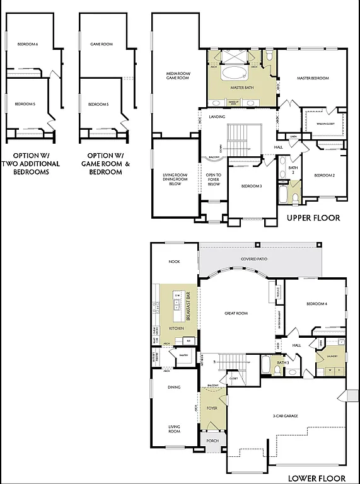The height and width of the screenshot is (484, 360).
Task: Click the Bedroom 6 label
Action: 28,44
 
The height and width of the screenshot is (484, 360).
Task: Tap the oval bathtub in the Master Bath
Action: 237,72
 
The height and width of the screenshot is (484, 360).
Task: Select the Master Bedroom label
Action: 313,78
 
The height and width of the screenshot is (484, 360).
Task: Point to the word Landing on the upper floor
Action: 217,116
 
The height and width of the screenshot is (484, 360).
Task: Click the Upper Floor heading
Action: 313,218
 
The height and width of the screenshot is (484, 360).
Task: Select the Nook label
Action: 174,262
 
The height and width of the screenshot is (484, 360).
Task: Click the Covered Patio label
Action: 255,259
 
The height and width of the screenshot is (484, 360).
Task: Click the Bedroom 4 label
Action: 316,304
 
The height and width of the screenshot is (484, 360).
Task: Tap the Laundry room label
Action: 332,356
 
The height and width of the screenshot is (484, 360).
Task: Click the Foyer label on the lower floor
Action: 212,408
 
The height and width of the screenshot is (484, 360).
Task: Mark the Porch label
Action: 212,441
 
